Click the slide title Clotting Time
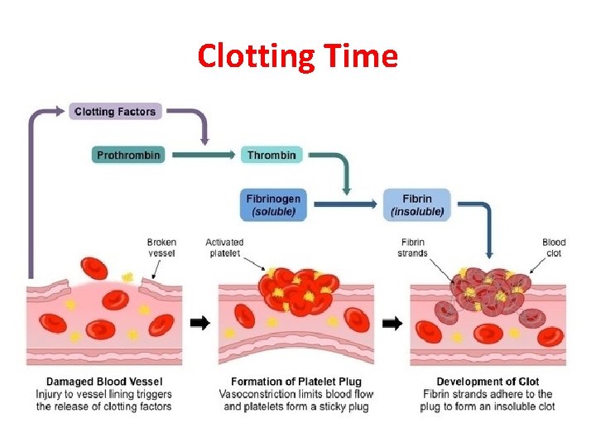pyautogui.click(x=297, y=56)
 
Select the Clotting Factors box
pyautogui.click(x=114, y=112)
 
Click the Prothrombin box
pyautogui.click(x=128, y=155)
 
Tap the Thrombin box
pyautogui.click(x=271, y=155)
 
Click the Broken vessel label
pyautogui.click(x=161, y=248)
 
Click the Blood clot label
pyautogui.click(x=554, y=248)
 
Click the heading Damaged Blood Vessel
pyautogui.click(x=104, y=382)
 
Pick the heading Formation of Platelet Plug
pyautogui.click(x=296, y=382)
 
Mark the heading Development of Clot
pyautogui.click(x=488, y=382)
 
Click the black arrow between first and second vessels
pyautogui.click(x=200, y=323)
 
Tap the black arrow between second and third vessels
pyautogui.click(x=392, y=323)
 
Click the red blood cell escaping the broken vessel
pyautogui.click(x=94, y=269)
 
